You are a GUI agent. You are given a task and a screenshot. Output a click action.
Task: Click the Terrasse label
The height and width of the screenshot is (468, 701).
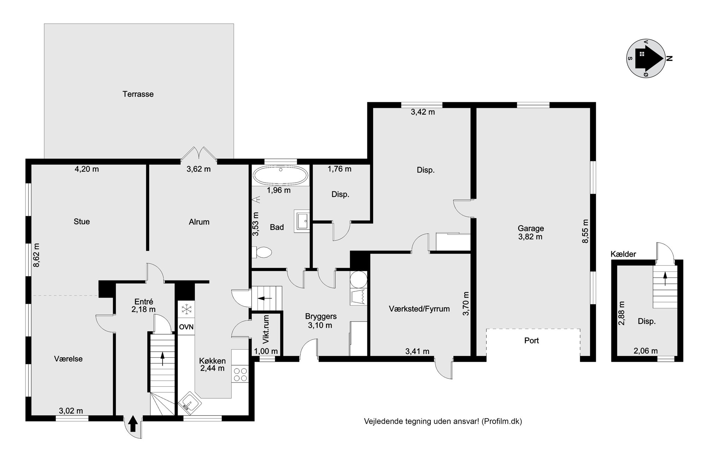[x=138, y=94]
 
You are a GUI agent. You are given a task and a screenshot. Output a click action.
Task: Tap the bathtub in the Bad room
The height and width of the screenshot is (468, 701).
[x=281, y=175]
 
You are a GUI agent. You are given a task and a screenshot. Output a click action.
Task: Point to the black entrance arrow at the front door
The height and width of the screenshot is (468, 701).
[x=133, y=423]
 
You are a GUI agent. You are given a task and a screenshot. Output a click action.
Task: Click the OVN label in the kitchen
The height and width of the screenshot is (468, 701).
[x=186, y=327]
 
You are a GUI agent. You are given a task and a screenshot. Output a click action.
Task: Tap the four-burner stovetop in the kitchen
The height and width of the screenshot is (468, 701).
[x=240, y=375]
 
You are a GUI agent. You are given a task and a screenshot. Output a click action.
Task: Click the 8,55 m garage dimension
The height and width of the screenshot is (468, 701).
[x=585, y=231]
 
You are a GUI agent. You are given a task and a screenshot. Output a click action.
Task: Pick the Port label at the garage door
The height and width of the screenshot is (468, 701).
[x=531, y=341]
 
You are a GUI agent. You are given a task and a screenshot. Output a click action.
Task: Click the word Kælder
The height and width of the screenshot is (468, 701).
[x=623, y=254]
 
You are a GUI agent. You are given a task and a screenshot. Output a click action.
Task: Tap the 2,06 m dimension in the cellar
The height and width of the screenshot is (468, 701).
[x=646, y=351]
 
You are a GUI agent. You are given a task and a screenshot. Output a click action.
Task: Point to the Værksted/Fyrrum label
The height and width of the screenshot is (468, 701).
[x=419, y=309]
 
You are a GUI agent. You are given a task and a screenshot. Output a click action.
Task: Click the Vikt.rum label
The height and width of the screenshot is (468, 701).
[x=266, y=330]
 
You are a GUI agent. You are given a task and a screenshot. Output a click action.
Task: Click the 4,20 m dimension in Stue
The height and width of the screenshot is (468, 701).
[x=87, y=169]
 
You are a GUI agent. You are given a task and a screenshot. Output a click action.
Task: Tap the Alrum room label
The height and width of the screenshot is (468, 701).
[x=199, y=222]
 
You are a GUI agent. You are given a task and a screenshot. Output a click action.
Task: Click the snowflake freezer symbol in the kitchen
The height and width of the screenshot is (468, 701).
[x=186, y=309]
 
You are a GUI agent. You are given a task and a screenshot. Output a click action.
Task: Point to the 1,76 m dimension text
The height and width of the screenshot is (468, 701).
[x=339, y=169]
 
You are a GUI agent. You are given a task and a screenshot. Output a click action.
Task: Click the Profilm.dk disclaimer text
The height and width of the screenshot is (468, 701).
[x=443, y=421]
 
